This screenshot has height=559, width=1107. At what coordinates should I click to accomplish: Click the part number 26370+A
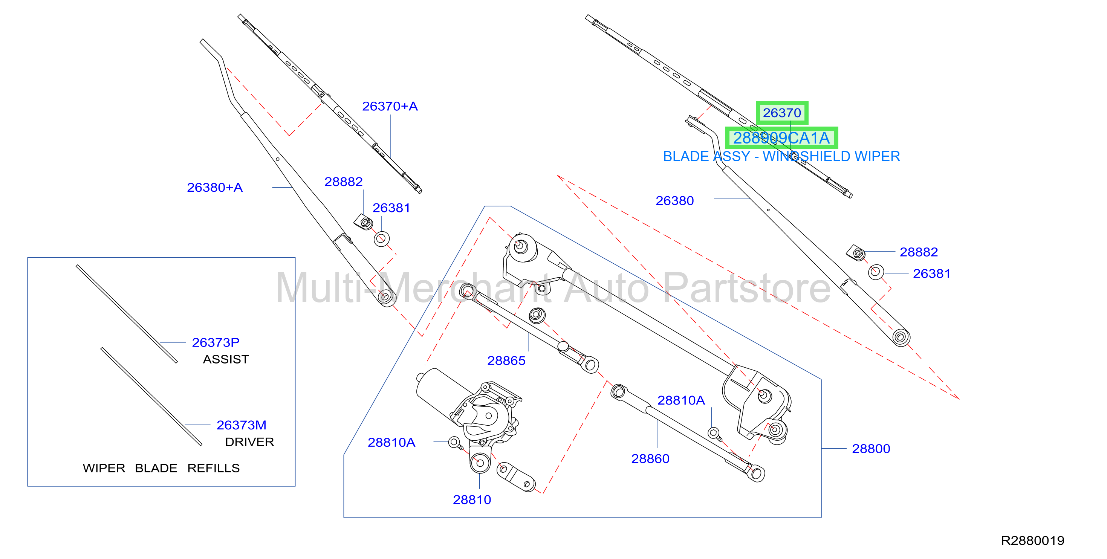click(390, 106)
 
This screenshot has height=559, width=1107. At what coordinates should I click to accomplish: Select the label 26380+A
click(215, 187)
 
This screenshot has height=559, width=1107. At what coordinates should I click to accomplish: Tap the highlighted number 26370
click(782, 113)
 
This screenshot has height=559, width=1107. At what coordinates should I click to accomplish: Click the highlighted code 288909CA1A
click(781, 138)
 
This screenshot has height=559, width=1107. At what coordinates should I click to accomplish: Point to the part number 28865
click(506, 360)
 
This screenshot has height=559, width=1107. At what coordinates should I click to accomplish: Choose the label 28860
click(650, 458)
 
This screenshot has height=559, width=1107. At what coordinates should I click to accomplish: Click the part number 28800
click(871, 449)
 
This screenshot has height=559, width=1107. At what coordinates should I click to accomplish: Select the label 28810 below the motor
click(472, 500)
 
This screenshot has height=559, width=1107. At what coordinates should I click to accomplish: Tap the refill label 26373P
click(216, 342)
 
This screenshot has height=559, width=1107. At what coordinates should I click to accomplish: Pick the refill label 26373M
click(242, 425)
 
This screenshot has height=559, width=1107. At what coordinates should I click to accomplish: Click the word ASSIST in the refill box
click(226, 359)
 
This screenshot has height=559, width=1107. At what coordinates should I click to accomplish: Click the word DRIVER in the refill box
click(250, 442)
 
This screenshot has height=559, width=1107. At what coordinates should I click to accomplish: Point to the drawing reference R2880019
click(1033, 541)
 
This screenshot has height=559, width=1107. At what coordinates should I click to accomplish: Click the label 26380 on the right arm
click(675, 201)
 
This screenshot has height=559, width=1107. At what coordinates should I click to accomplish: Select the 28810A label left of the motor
click(391, 442)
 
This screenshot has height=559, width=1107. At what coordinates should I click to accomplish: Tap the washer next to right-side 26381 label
click(876, 272)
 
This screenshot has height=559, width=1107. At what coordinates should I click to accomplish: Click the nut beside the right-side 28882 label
click(856, 253)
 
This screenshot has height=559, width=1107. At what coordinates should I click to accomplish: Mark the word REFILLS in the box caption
click(214, 468)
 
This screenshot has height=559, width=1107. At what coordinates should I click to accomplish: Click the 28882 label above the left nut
click(343, 182)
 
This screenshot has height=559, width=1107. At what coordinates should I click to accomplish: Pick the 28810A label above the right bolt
click(681, 400)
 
